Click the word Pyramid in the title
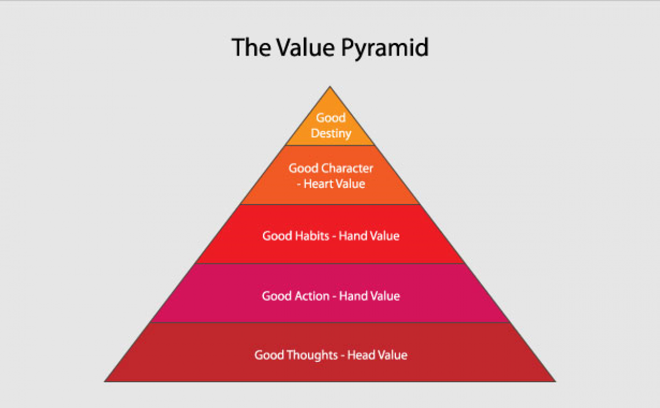tap(385, 48)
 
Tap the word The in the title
tap(251, 47)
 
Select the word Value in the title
tap(306, 47)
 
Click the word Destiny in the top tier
tap(331, 134)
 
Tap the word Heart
tap(317, 184)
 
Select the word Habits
tap(312, 236)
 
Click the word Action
tap(312, 296)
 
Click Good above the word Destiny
tap(331, 118)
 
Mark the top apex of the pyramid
tap(330, 86)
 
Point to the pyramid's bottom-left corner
tap(105, 382)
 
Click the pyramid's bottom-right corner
tap(555, 382)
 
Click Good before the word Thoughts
tap(269, 355)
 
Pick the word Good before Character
tap(304, 168)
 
